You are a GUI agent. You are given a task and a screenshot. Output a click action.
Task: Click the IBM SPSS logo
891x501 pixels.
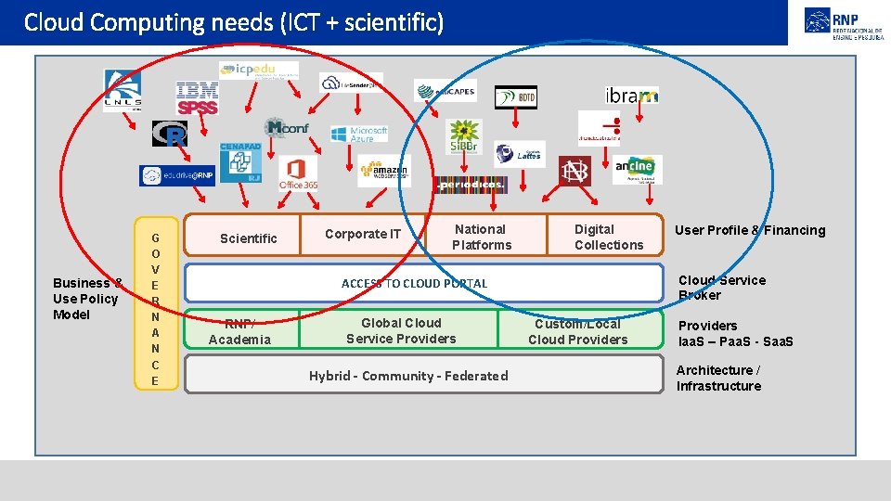click(197, 97)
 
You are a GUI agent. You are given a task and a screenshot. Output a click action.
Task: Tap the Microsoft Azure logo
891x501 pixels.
click(358, 134)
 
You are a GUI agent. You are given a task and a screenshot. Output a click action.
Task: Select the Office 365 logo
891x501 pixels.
click(297, 173)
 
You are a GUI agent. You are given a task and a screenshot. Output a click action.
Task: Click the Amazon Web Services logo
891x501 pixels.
click(384, 172)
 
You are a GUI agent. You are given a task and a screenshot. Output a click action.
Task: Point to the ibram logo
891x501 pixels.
click(631, 96)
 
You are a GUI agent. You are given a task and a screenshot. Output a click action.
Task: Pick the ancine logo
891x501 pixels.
click(637, 168)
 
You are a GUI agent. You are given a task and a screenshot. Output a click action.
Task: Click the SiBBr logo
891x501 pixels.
click(463, 135)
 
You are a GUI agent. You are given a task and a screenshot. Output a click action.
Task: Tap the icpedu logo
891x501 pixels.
click(259, 70)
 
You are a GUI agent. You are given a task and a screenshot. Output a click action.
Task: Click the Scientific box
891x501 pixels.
click(248, 238)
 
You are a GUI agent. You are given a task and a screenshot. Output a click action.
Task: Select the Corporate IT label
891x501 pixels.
click(363, 234)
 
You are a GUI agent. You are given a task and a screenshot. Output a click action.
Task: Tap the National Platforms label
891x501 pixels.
click(481, 237)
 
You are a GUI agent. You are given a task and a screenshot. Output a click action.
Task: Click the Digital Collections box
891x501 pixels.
click(608, 237)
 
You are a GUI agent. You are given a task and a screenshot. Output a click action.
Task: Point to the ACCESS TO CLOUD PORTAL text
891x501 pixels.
click(414, 283)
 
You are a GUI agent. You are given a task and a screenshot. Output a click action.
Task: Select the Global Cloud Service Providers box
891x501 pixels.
click(401, 330)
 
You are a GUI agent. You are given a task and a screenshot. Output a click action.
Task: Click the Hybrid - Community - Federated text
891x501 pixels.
click(408, 376)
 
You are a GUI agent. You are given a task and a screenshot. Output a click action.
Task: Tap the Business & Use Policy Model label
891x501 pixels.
click(86, 299)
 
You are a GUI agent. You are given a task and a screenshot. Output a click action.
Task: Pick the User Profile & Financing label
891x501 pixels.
click(749, 230)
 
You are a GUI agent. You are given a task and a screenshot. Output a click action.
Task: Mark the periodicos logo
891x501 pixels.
click(471, 184)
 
